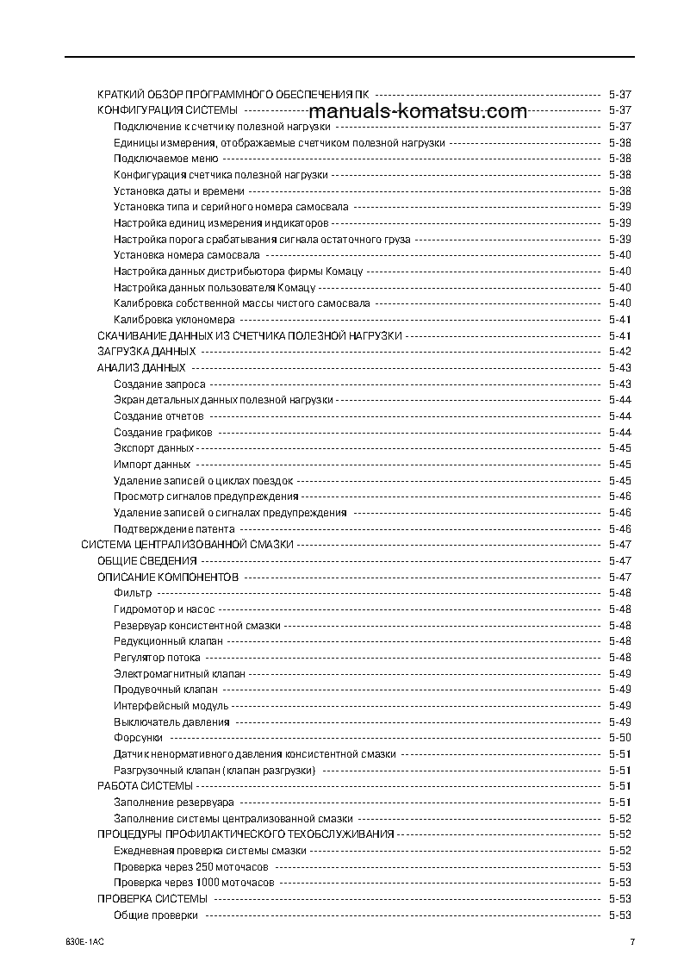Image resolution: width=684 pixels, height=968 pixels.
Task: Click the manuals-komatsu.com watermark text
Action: pyautogui.click(x=417, y=112)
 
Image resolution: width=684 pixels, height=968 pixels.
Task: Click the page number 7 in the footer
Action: pyautogui.click(x=631, y=941)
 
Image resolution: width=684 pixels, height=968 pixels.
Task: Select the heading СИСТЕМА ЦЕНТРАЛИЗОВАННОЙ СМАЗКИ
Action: pyautogui.click(x=188, y=545)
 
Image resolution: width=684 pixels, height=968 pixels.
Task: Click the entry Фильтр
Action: pyautogui.click(x=133, y=593)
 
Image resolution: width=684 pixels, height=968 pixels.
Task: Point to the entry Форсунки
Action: pyautogui.click(x=138, y=738)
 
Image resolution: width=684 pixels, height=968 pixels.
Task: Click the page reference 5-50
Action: pyautogui.click(x=619, y=738)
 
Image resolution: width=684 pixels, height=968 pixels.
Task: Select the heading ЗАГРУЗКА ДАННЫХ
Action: pyautogui.click(x=146, y=352)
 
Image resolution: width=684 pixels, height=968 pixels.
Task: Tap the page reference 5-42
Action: pyautogui.click(x=619, y=352)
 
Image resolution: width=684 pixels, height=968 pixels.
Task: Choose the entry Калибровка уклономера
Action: pyautogui.click(x=174, y=320)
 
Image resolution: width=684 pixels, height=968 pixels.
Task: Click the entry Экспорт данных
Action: pyautogui.click(x=153, y=448)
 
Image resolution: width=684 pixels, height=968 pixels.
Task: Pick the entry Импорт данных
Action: pyautogui.click(x=152, y=465)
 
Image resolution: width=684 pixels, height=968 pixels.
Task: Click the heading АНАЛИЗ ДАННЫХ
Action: pyautogui.click(x=136, y=368)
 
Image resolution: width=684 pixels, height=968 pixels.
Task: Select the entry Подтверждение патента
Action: pyautogui.click(x=174, y=529)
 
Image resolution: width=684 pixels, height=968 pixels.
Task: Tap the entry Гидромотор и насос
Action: pyautogui.click(x=165, y=609)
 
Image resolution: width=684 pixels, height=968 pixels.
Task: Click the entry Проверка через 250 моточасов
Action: pyautogui.click(x=191, y=866)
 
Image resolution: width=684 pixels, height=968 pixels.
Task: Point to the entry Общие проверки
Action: pyautogui.click(x=156, y=915)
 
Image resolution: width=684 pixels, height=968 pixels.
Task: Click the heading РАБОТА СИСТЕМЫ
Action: pyautogui.click(x=145, y=786)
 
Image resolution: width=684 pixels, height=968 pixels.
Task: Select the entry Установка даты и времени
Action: pyautogui.click(x=179, y=191)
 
